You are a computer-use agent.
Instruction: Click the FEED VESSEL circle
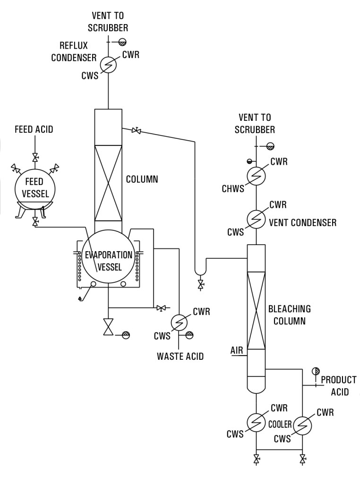click(x=34, y=188)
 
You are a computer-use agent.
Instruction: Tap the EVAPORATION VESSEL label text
click(x=109, y=261)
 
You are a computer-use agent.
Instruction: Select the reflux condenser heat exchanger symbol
click(x=109, y=65)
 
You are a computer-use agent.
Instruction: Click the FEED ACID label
click(x=34, y=129)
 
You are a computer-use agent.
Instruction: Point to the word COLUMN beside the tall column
click(x=142, y=179)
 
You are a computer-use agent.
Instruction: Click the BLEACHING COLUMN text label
click(x=289, y=315)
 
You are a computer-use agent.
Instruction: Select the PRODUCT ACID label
click(x=338, y=386)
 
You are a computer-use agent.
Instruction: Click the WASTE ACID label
click(x=180, y=356)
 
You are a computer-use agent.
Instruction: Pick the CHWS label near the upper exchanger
click(x=233, y=189)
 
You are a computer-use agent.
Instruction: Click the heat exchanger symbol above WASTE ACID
click(x=179, y=321)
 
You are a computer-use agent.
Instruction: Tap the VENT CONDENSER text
click(x=302, y=222)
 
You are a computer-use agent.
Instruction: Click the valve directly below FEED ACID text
click(x=34, y=157)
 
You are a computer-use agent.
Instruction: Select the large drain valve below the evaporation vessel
click(x=109, y=327)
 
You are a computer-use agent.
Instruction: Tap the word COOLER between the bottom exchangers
click(x=280, y=424)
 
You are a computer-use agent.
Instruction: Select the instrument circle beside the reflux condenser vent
click(x=122, y=41)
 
